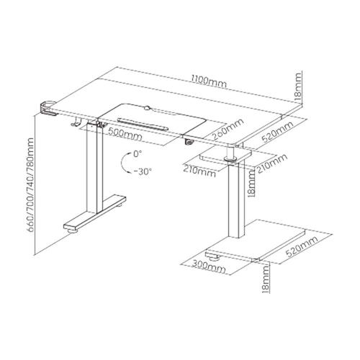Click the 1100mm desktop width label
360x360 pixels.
(x=209, y=81)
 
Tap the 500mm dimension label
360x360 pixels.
(x=125, y=134)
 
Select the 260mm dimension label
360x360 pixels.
(x=228, y=130)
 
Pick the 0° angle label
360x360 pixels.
(x=138, y=153)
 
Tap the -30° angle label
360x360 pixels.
(x=143, y=171)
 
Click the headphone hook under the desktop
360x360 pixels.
(x=76, y=121)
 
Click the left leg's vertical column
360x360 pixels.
(x=94, y=168)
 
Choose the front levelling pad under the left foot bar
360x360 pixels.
(x=73, y=231)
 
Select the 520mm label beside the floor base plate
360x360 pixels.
(x=302, y=246)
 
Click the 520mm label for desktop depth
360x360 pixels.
(x=278, y=132)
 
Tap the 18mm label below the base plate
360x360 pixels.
(x=265, y=279)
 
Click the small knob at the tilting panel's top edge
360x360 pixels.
(x=148, y=107)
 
